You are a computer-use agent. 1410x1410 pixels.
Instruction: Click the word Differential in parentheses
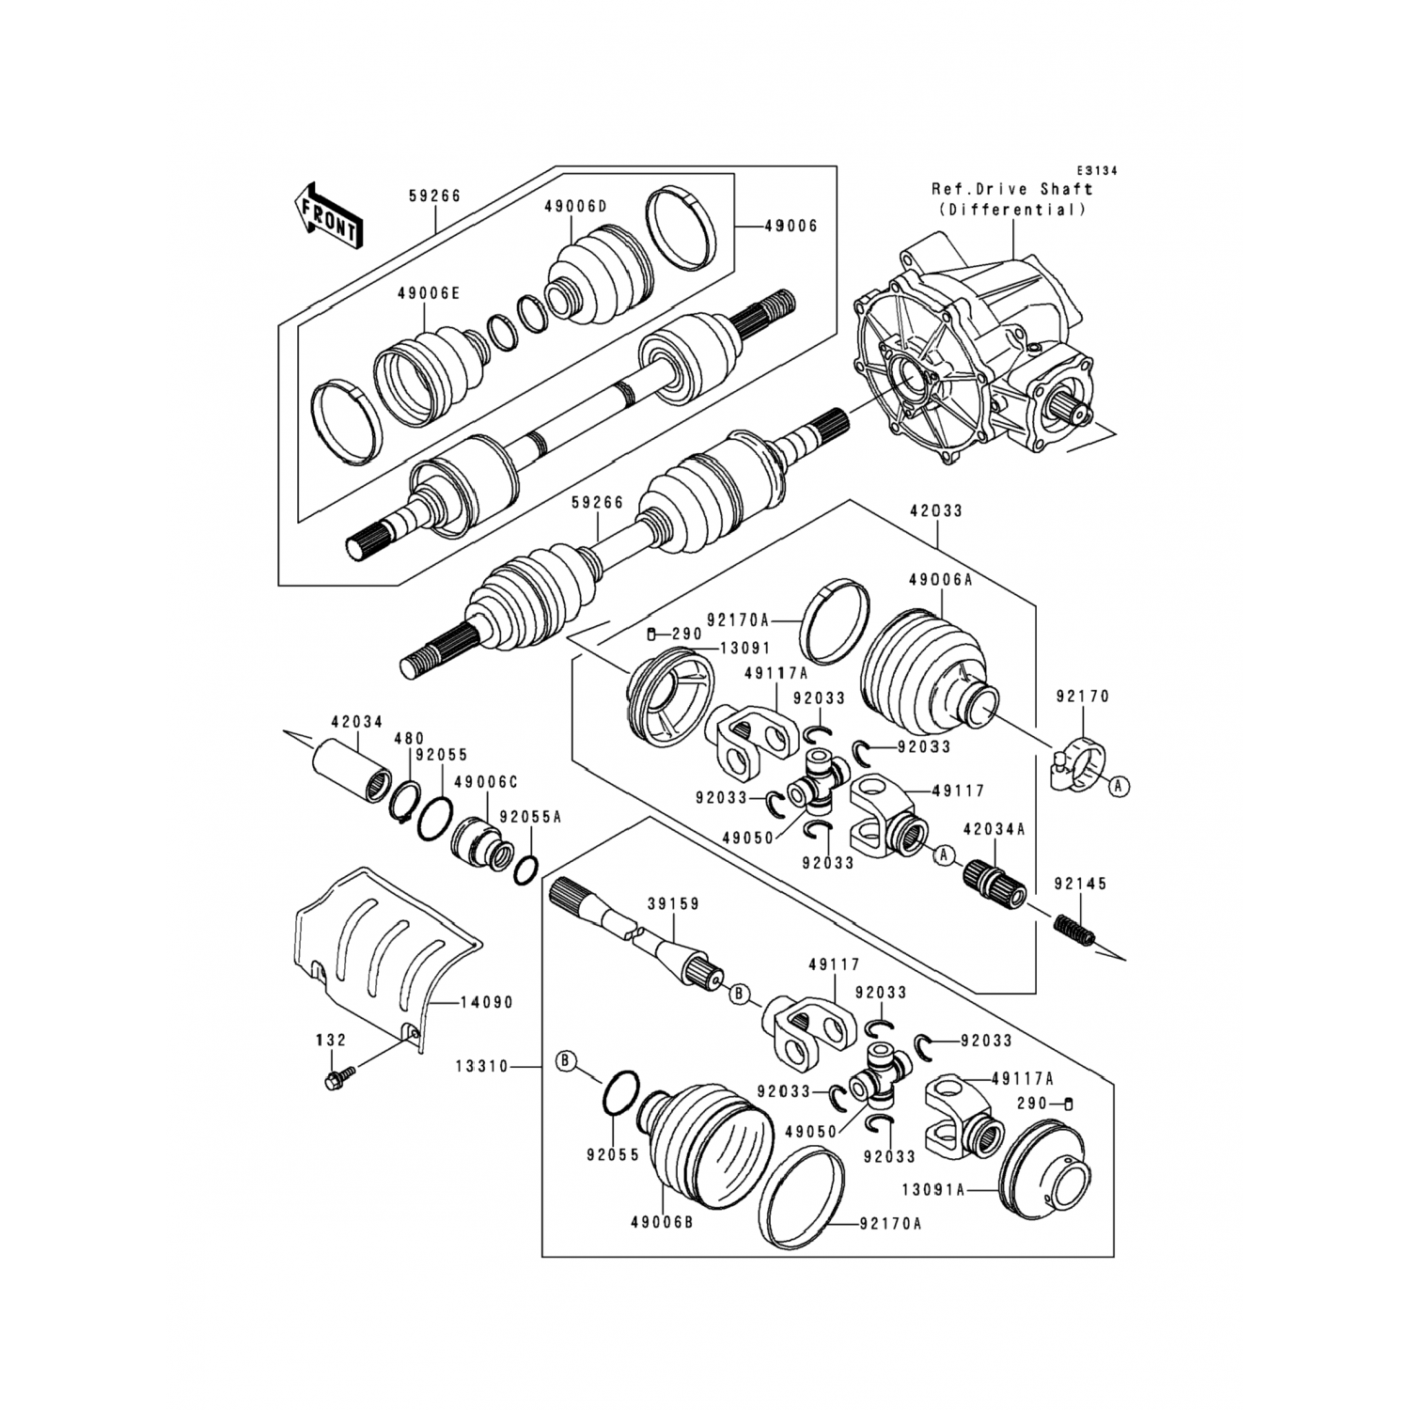(1011, 210)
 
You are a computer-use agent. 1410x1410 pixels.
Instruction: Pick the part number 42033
(936, 511)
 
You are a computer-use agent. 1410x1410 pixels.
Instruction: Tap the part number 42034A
(993, 828)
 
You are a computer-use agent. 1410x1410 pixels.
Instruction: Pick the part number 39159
(672, 903)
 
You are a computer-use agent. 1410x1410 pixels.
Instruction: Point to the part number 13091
(744, 648)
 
